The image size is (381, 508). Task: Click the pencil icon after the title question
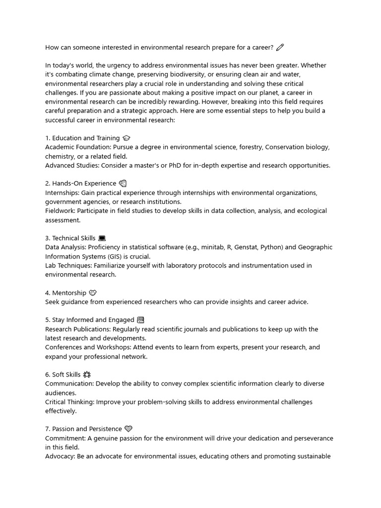(280, 47)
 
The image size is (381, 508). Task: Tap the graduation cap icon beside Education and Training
(126, 138)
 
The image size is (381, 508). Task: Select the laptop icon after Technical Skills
(102, 239)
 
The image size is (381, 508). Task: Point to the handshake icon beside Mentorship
(92, 293)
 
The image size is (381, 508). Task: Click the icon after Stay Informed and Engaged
(140, 320)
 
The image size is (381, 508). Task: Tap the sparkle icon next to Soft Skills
(87, 375)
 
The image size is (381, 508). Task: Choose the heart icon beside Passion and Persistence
(128, 429)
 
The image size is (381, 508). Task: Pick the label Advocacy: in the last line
(60, 456)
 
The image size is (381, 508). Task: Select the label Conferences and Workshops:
(88, 347)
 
